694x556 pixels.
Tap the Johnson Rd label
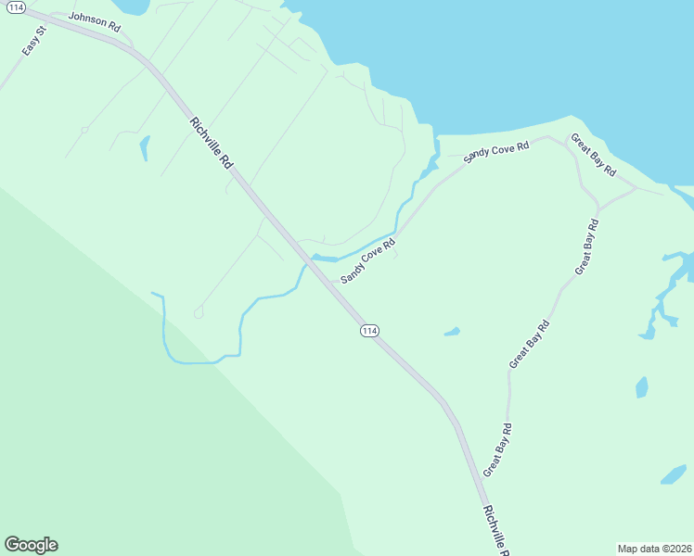click(95, 22)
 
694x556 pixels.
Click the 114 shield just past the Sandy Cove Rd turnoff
click(369, 331)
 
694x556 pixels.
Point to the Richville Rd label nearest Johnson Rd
click(211, 142)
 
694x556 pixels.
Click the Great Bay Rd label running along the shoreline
click(593, 156)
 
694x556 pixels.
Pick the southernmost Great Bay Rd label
click(497, 449)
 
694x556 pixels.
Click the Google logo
click(31, 545)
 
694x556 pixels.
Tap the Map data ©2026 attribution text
click(653, 548)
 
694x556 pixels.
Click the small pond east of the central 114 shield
click(452, 332)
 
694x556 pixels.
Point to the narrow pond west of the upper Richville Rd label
click(144, 148)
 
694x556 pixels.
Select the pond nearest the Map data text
click(673, 474)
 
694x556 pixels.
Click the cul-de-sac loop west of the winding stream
click(199, 313)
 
